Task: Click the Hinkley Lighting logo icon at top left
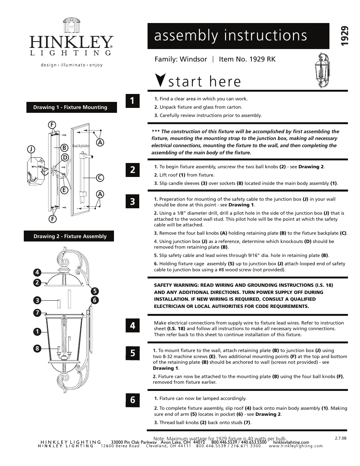pyautogui.click(x=71, y=26)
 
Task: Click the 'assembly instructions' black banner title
pyautogui.click(x=231, y=35)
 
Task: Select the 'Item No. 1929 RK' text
pyautogui.click(x=247, y=59)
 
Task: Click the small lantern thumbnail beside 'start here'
pyautogui.click(x=323, y=71)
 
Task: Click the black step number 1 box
pyautogui.click(x=132, y=100)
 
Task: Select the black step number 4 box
pyautogui.click(x=132, y=325)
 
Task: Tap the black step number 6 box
pyautogui.click(x=132, y=400)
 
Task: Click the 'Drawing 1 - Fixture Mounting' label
pyautogui.click(x=70, y=107)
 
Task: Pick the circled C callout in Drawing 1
pyautogui.click(x=100, y=177)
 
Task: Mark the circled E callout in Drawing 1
pyautogui.click(x=65, y=190)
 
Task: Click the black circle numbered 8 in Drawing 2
pyautogui.click(x=37, y=348)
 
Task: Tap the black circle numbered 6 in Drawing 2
pyautogui.click(x=95, y=300)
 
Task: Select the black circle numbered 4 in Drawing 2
pyautogui.click(x=37, y=272)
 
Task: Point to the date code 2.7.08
pyautogui.click(x=340, y=438)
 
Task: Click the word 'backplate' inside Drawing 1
pyautogui.click(x=80, y=146)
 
